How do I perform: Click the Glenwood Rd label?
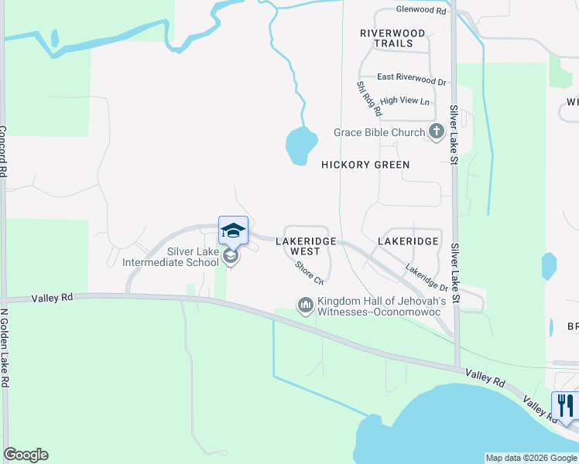click(421, 11)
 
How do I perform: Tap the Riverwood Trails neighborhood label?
click(392, 38)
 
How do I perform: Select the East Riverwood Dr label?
click(412, 79)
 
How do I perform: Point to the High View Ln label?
click(405, 101)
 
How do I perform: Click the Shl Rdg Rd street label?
click(365, 100)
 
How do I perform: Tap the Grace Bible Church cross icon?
click(435, 131)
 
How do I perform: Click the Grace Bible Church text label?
click(379, 132)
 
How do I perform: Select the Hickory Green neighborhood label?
click(365, 165)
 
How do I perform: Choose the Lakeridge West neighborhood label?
click(306, 246)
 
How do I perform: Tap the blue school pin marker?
click(233, 230)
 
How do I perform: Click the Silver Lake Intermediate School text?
click(171, 257)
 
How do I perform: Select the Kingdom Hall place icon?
click(305, 306)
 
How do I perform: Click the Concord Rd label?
click(4, 152)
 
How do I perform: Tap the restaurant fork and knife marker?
click(564, 404)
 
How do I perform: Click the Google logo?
click(26, 455)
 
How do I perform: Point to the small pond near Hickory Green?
click(300, 145)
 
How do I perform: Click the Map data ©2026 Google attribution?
click(531, 458)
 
